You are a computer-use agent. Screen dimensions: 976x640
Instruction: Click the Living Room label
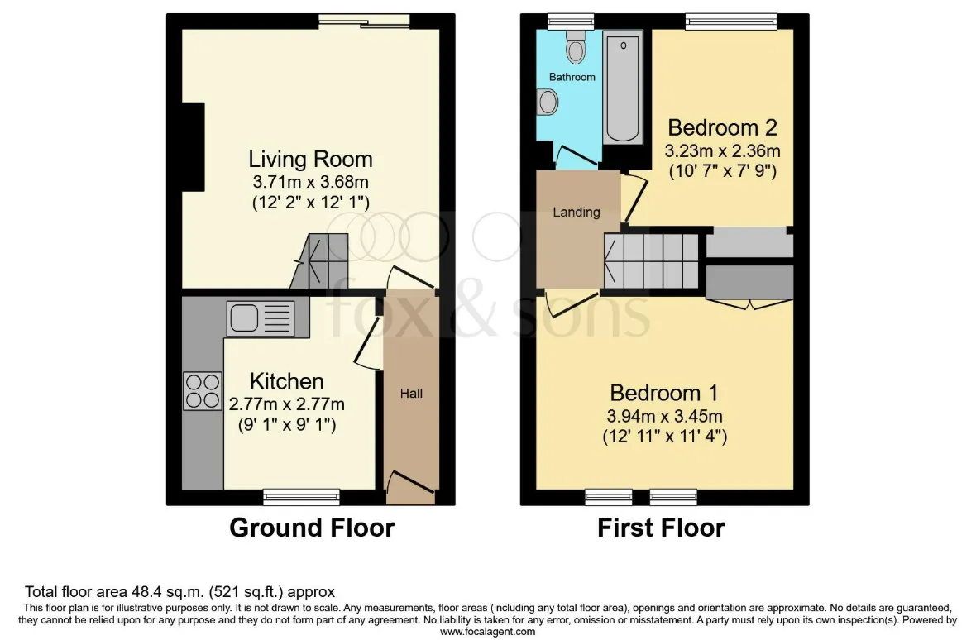click(311, 160)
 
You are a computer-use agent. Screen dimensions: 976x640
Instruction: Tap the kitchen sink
click(261, 318)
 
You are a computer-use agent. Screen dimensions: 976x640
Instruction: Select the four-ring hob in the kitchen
click(203, 390)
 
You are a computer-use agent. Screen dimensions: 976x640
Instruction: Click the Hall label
click(411, 393)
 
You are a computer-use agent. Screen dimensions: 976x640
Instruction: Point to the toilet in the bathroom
click(576, 46)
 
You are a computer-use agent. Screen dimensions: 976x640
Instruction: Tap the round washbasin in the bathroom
click(547, 102)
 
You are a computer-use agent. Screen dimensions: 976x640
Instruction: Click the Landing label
click(577, 212)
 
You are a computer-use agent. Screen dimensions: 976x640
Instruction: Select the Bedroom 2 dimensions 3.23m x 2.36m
click(723, 150)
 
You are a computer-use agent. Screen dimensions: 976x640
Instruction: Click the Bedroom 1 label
click(664, 393)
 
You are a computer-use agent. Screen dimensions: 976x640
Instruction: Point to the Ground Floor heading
click(312, 528)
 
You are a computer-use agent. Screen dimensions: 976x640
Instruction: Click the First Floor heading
click(661, 528)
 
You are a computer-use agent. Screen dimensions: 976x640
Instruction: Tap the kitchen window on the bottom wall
click(301, 496)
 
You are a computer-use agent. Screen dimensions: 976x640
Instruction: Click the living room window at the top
click(364, 21)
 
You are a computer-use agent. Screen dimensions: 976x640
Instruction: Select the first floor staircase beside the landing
click(651, 261)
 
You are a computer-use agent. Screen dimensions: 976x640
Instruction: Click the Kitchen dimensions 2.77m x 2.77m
click(287, 404)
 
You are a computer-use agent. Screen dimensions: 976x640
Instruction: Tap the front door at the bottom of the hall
click(411, 488)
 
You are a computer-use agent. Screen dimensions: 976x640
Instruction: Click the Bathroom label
click(572, 77)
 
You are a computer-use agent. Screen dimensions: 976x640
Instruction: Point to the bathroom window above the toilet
click(571, 21)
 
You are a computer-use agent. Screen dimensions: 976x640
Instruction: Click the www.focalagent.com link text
click(487, 632)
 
